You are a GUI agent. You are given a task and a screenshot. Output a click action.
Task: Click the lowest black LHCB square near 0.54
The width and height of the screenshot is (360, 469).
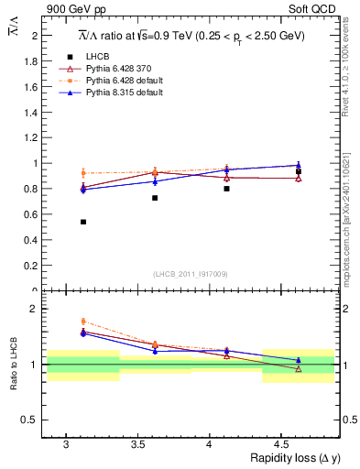coord(83,222)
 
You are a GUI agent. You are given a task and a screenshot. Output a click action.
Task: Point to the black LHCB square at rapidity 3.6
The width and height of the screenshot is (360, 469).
coord(155,198)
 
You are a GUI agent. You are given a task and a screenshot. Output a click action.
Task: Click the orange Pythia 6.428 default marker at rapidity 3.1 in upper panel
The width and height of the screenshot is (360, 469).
coord(83,173)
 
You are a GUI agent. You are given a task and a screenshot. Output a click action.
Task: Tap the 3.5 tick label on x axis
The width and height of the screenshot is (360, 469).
coord(137,445)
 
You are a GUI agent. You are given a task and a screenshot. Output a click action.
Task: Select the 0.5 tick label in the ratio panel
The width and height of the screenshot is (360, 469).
coord(33,420)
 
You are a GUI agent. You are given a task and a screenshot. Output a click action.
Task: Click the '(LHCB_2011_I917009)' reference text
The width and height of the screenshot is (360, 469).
coord(191,274)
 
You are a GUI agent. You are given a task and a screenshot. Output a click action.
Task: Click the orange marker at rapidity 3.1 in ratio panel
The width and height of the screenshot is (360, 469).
coord(83,322)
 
